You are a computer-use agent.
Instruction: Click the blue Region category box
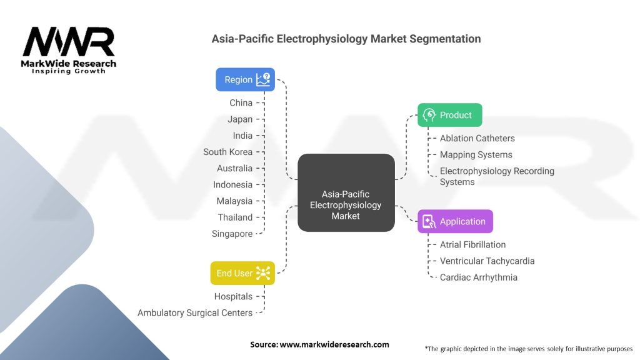point(245,80)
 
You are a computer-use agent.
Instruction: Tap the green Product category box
point(449,115)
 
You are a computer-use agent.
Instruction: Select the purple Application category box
point(455,221)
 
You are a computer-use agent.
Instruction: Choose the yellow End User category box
point(242,273)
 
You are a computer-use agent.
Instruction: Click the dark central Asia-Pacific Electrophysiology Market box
point(346,193)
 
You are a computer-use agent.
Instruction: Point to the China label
point(241,102)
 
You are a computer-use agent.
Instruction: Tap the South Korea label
point(227,152)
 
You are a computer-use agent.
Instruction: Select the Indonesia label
point(232,184)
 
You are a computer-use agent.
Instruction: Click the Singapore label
point(232,234)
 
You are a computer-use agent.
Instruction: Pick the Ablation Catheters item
point(477,138)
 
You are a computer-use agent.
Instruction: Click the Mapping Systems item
point(476,154)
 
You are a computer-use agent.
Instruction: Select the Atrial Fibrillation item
point(472,244)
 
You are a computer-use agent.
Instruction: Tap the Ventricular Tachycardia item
point(487,261)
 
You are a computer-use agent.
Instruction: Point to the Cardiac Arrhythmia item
point(478,277)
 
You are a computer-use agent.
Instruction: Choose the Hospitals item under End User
point(233,296)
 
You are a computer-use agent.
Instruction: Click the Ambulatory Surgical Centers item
point(195,312)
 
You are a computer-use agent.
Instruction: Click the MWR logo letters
point(69,42)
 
